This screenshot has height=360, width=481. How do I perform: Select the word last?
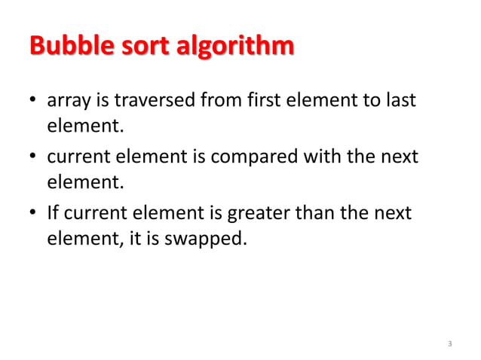click(x=400, y=99)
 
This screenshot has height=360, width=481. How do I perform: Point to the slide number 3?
click(x=449, y=344)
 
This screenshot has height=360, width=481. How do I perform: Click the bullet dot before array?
click(x=34, y=101)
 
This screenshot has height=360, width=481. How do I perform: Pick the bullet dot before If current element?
click(x=34, y=214)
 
